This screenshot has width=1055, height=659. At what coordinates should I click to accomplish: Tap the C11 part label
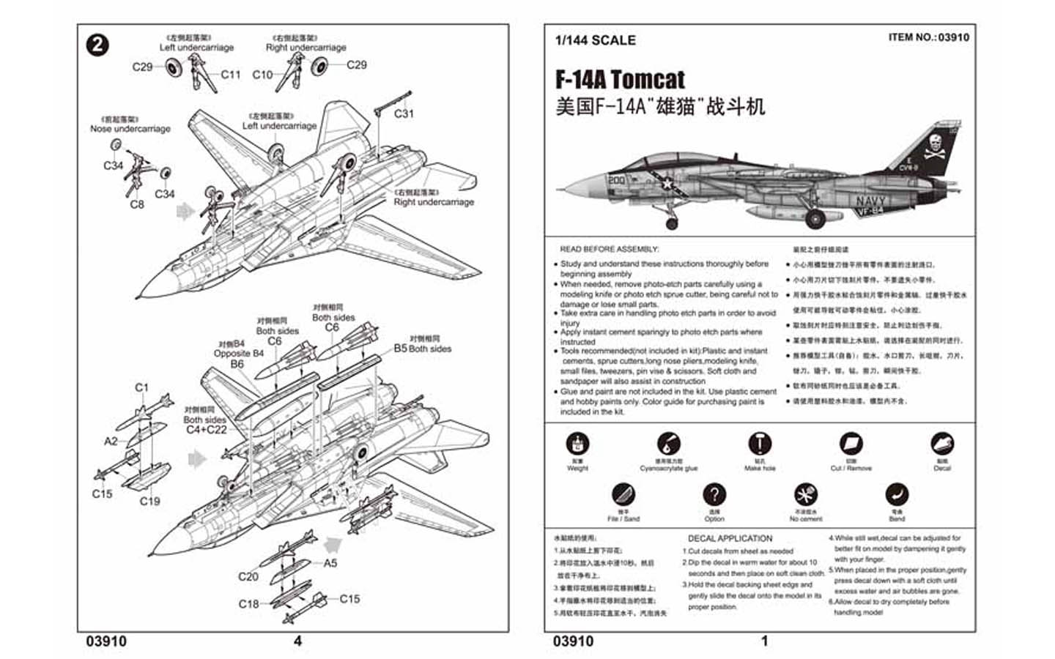click(230, 74)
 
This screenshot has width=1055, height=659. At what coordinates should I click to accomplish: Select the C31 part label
click(404, 113)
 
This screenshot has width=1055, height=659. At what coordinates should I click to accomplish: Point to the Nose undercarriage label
click(130, 128)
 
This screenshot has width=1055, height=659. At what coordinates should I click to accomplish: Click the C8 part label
click(137, 204)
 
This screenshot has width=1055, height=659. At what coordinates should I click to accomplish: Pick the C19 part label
click(149, 501)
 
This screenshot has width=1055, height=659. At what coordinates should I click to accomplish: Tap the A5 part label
click(330, 563)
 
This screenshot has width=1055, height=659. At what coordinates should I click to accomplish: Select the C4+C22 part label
click(207, 430)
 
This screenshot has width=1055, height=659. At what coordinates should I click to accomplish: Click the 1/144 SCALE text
click(595, 40)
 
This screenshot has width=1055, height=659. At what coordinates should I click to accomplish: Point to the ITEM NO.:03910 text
click(928, 37)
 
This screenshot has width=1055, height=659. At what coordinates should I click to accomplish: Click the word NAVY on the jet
click(870, 200)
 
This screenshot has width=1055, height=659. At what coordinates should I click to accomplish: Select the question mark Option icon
click(714, 494)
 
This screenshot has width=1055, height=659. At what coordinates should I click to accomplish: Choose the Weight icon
click(577, 444)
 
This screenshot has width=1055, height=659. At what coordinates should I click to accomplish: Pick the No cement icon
click(804, 494)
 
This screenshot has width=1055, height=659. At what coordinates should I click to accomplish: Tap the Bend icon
click(896, 494)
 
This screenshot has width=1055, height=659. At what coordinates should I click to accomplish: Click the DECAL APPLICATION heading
click(730, 538)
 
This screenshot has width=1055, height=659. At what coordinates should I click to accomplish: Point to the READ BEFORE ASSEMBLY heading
click(609, 249)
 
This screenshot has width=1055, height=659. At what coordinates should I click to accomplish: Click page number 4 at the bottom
click(297, 641)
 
